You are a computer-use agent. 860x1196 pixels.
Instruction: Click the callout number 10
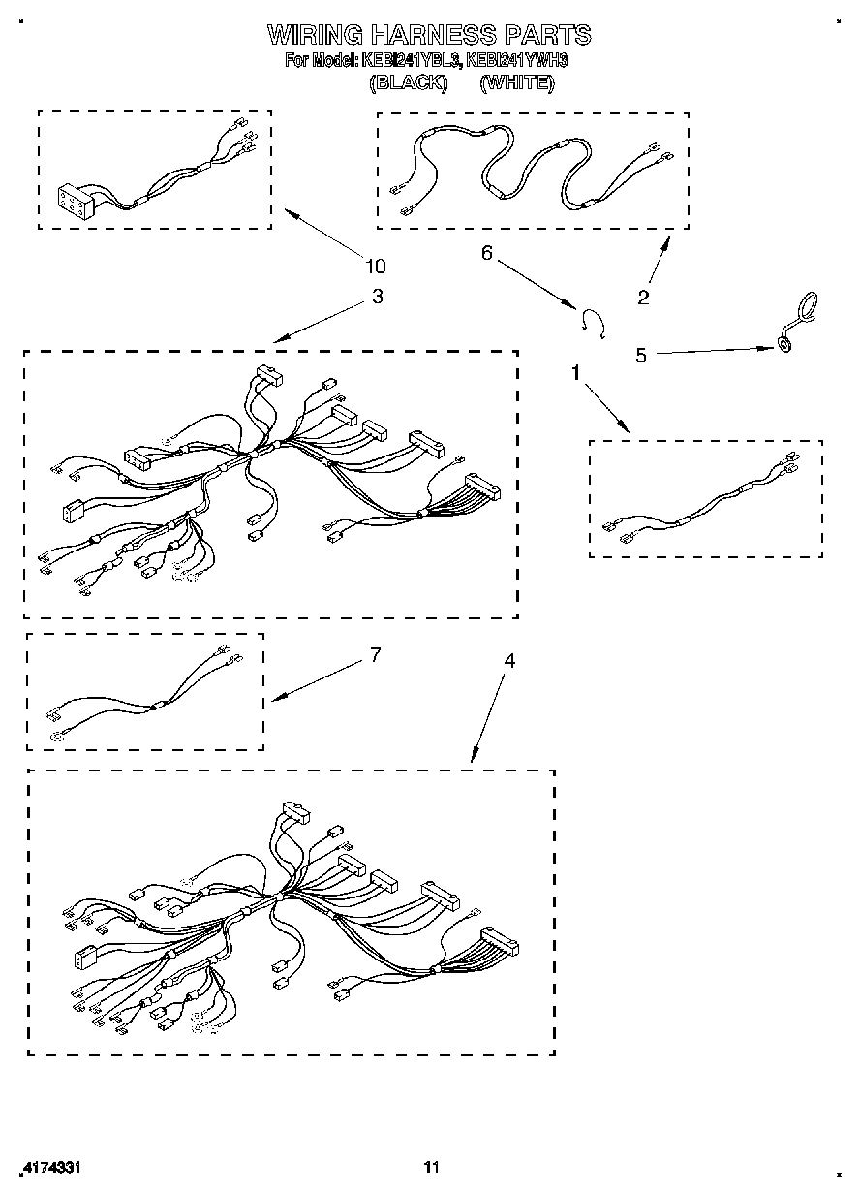(376, 267)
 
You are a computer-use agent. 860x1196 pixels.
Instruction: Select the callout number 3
(377, 297)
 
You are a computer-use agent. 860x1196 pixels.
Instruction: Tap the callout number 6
(487, 253)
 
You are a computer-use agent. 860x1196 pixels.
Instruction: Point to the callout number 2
(644, 297)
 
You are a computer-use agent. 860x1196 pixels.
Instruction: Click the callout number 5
(640, 355)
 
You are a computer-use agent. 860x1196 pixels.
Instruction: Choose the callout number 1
(576, 372)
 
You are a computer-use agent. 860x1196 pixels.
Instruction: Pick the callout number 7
(375, 655)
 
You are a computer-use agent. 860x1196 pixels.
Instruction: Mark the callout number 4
(509, 661)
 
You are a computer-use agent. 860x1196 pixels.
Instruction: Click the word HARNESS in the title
(429, 36)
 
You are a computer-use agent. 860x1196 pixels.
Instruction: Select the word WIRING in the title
(315, 36)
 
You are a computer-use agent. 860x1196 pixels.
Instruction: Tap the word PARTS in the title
(547, 36)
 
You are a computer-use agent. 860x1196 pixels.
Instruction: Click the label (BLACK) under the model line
(409, 83)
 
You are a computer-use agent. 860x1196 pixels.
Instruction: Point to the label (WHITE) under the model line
(517, 83)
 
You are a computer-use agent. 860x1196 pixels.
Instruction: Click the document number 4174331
(48, 1168)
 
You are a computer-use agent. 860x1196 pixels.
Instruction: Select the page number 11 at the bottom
(432, 1168)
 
